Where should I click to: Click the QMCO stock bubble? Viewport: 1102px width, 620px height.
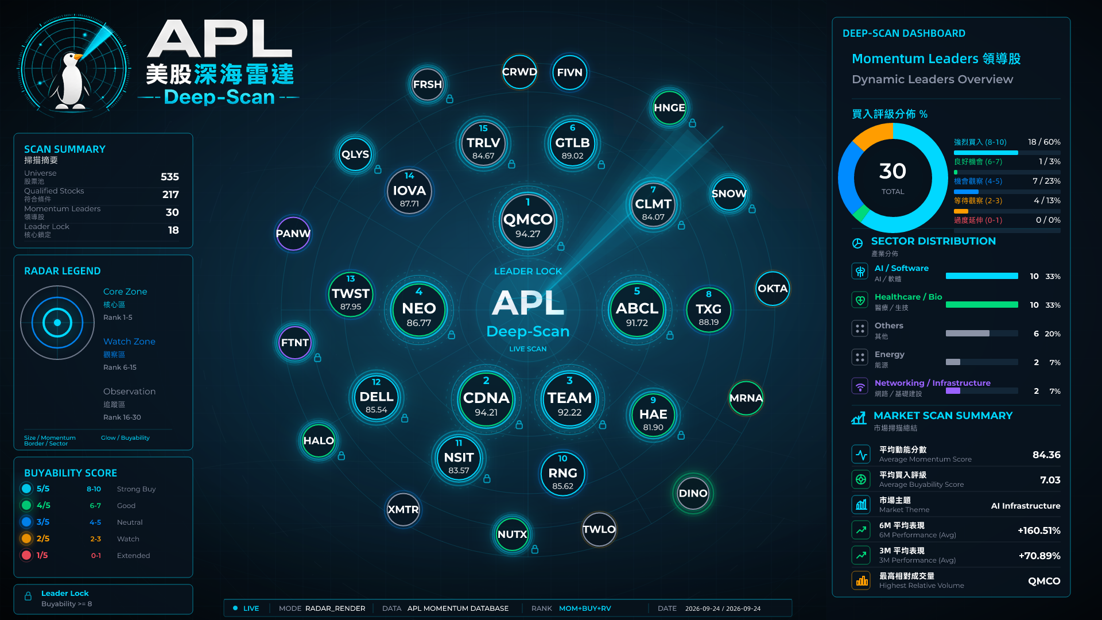[x=527, y=221]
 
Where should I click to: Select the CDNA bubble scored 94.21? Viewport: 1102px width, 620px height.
[x=486, y=399]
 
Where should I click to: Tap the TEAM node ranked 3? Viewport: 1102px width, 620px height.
[x=569, y=398]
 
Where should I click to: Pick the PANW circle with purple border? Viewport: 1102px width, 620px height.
[x=293, y=234]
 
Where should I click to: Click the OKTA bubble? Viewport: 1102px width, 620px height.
[x=773, y=288]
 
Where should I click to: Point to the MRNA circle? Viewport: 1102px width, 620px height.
[x=746, y=398]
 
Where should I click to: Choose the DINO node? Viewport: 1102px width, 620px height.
[x=693, y=493]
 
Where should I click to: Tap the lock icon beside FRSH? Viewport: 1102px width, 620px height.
[x=450, y=99]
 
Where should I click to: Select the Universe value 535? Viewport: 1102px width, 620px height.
[x=170, y=177]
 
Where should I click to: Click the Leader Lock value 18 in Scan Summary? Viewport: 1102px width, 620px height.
[x=173, y=230]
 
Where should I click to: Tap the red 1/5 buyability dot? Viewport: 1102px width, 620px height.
[x=26, y=555]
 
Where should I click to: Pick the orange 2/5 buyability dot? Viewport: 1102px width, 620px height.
[x=26, y=538]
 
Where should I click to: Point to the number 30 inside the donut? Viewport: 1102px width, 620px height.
[x=893, y=171]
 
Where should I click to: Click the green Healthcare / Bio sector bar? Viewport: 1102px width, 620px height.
[x=981, y=305]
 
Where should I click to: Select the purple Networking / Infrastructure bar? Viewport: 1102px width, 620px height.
[x=953, y=391]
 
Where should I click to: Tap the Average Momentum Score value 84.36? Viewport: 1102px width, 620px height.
[x=1046, y=455]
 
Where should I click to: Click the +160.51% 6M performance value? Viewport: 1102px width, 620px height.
[x=1039, y=530]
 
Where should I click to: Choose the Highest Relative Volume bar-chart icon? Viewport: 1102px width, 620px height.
[x=861, y=580]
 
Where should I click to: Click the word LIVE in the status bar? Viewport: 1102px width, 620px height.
[x=251, y=609]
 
